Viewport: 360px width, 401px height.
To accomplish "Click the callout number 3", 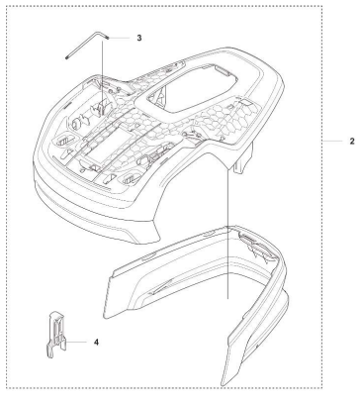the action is pyautogui.click(x=139, y=38).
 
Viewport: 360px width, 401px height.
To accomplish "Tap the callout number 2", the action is pyautogui.click(x=352, y=142).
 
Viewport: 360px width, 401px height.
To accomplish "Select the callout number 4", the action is pyautogui.click(x=96, y=343).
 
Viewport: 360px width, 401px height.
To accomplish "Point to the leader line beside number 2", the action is pyautogui.click(x=332, y=142).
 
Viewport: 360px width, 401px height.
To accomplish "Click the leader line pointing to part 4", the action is pyautogui.click(x=76, y=342).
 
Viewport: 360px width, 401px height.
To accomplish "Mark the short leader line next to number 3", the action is pyautogui.click(x=120, y=39).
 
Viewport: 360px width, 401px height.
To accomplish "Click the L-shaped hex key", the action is pyautogui.click(x=86, y=45).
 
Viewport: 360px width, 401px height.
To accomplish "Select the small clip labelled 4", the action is pyautogui.click(x=55, y=335).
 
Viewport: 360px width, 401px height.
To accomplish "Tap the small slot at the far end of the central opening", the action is pyautogui.click(x=223, y=70).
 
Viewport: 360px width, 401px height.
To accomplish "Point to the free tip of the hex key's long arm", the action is pyautogui.click(x=66, y=58).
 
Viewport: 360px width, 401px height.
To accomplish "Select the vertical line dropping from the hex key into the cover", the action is pyautogui.click(x=102, y=77).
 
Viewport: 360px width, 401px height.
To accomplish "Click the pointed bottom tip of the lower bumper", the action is pyautogui.click(x=224, y=385).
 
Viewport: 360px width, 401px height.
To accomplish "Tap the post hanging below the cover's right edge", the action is pyautogui.click(x=243, y=157).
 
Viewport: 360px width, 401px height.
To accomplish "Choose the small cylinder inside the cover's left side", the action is pyautogui.click(x=76, y=123).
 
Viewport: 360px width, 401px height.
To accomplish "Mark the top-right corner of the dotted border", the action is pyautogui.click(x=322, y=6).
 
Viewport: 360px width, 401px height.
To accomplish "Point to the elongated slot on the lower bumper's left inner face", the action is pyautogui.click(x=161, y=286).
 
